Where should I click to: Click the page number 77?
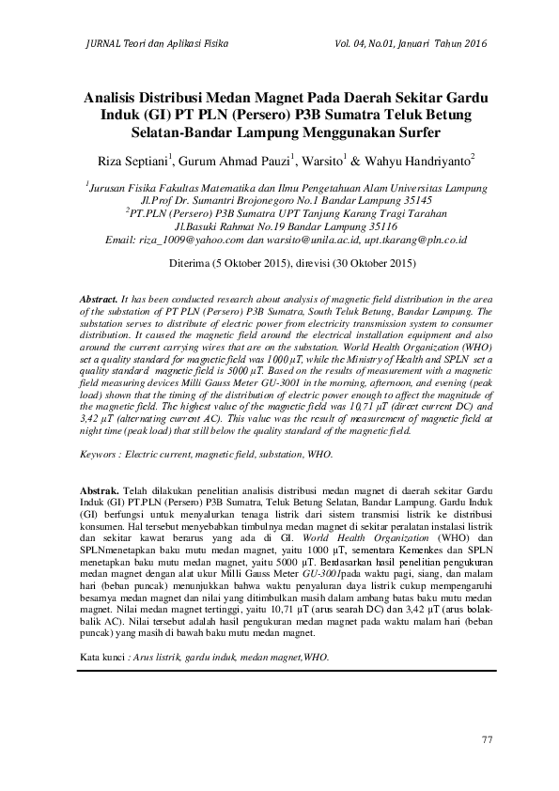point(486,740)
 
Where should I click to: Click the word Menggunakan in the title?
point(362,132)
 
